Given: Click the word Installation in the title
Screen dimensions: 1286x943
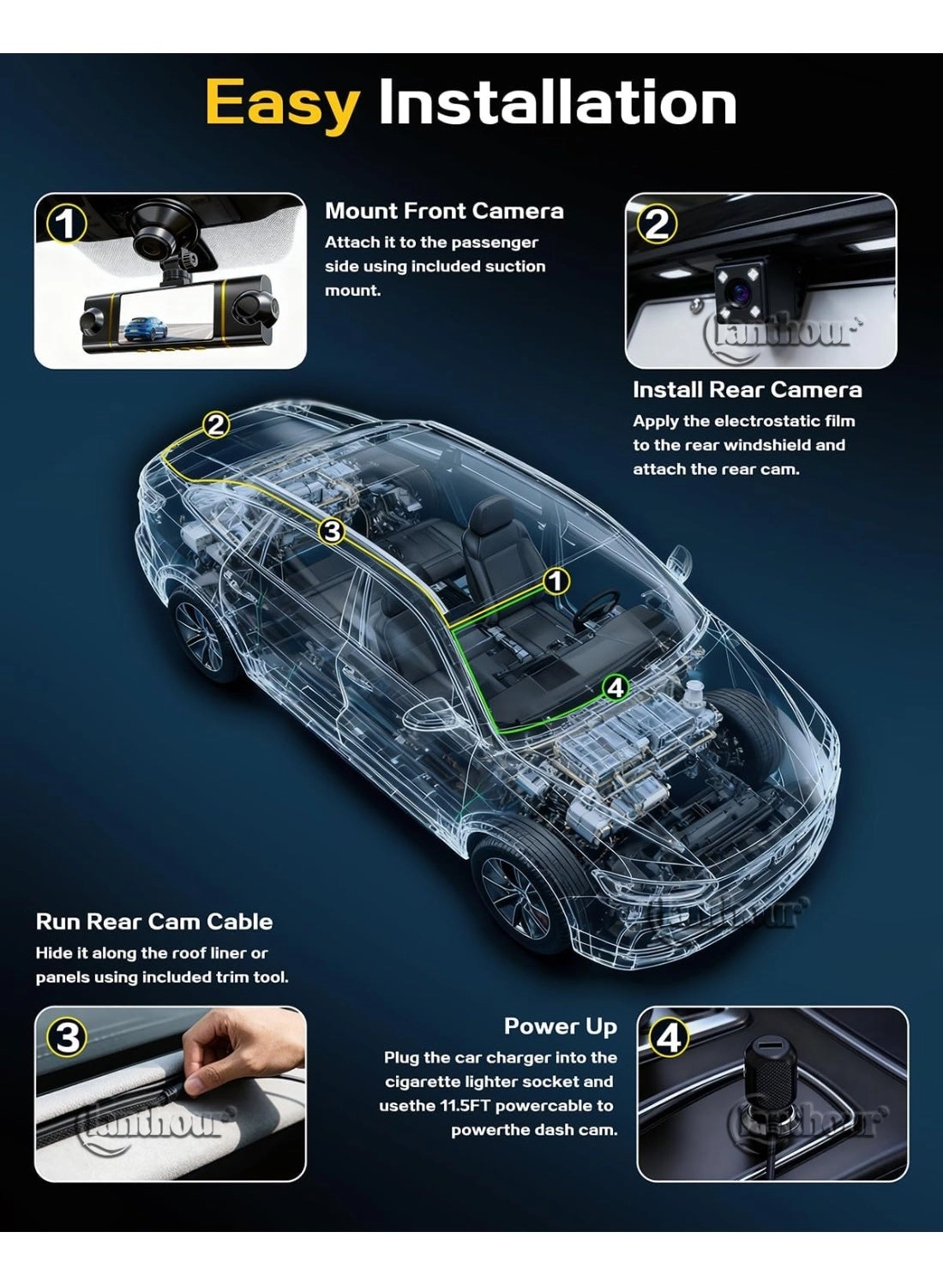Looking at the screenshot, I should pyautogui.click(x=557, y=103).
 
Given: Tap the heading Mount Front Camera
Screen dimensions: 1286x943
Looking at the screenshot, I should pyautogui.click(x=444, y=211).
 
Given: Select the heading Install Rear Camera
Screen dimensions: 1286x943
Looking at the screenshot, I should pyautogui.click(x=747, y=390).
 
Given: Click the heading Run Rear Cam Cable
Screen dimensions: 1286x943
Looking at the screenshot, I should pyautogui.click(x=154, y=922).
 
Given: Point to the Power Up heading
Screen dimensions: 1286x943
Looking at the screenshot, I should pyautogui.click(x=560, y=1026).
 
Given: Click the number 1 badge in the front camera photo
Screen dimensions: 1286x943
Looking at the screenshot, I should pyautogui.click(x=66, y=225).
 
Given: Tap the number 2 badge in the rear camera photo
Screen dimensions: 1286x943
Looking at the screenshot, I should pyautogui.click(x=657, y=225).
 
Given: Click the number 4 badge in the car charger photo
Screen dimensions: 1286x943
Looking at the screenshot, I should pyautogui.click(x=669, y=1038).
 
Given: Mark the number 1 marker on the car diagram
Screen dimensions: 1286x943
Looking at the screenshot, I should pyautogui.click(x=556, y=581).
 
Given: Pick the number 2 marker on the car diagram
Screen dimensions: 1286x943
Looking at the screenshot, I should pyautogui.click(x=216, y=424).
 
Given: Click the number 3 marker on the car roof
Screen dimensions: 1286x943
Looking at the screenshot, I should pyautogui.click(x=332, y=532).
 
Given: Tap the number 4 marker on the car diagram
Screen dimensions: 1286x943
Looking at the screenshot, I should pyautogui.click(x=616, y=687).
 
